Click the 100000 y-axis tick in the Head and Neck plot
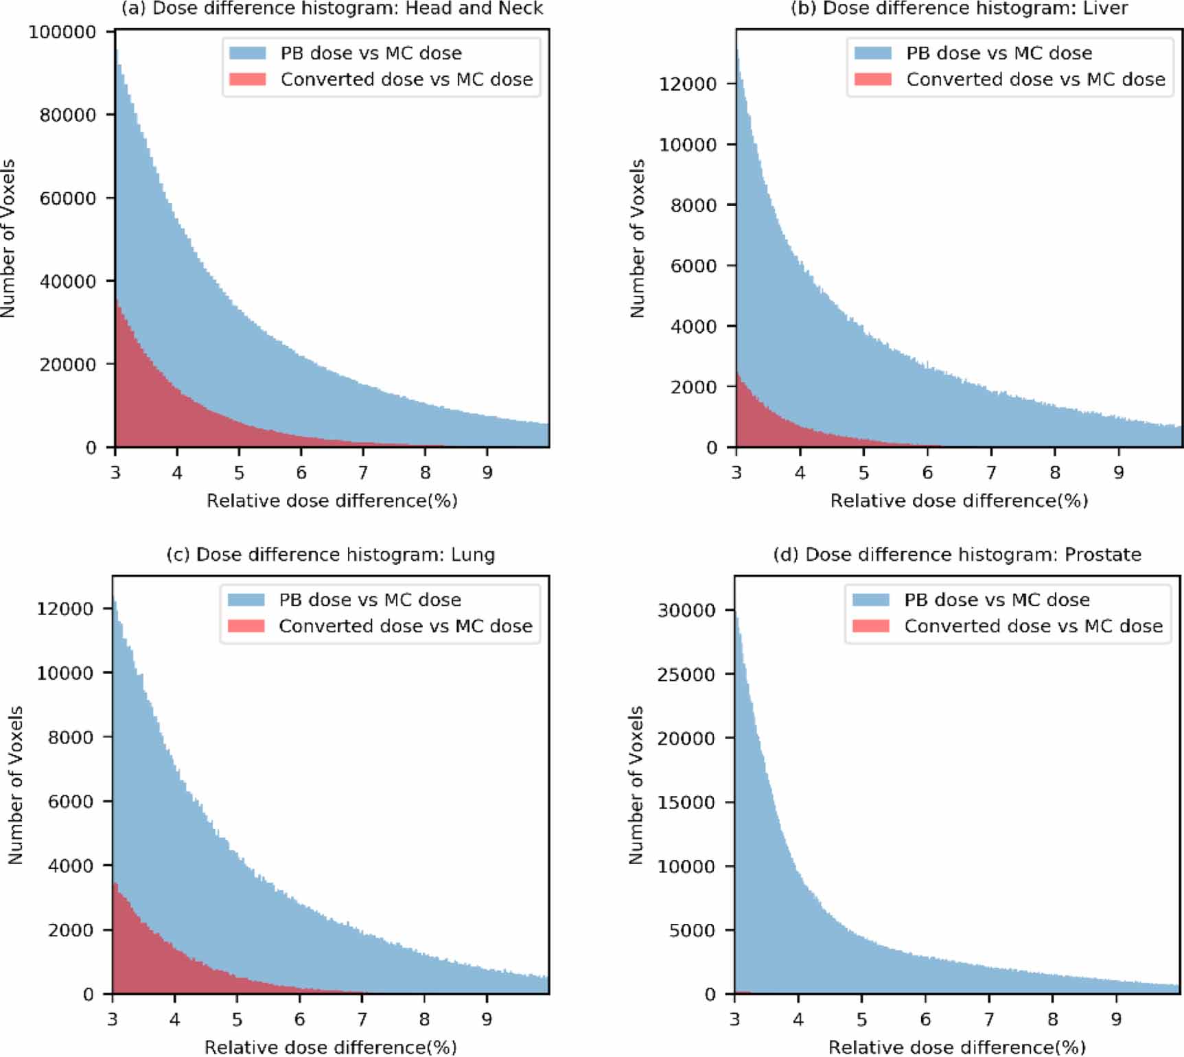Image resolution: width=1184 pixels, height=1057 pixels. pos(62,32)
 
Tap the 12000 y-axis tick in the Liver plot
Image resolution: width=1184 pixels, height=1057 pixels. pos(688,84)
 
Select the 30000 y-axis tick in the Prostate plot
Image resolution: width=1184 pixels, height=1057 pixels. pos(686,610)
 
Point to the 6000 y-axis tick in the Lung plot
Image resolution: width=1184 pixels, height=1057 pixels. pos(71,802)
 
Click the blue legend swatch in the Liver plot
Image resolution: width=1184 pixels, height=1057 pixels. pos(872,53)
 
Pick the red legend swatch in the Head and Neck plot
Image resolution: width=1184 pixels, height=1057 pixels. pos(247,79)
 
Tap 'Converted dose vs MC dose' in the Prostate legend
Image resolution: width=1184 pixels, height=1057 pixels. pos(1033,626)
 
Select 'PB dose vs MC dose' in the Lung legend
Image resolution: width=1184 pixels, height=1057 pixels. pos(370,600)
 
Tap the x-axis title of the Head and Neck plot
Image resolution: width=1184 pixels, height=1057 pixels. pos(332,501)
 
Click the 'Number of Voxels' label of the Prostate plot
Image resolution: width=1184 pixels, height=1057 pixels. pos(636,785)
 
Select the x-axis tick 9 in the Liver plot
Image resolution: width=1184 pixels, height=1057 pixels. pos(1119,473)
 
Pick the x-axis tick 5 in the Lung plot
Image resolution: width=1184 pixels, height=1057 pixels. pos(237,1020)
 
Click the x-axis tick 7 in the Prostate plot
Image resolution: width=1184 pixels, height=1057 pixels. pos(989,1020)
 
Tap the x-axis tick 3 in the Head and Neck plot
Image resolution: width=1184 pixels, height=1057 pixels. pos(115,473)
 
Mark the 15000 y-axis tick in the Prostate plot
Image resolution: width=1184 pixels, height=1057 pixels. pos(686,802)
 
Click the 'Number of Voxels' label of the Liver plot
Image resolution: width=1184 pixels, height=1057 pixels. pos(638,239)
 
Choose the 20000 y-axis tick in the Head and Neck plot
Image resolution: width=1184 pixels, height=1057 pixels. pos(67,365)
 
